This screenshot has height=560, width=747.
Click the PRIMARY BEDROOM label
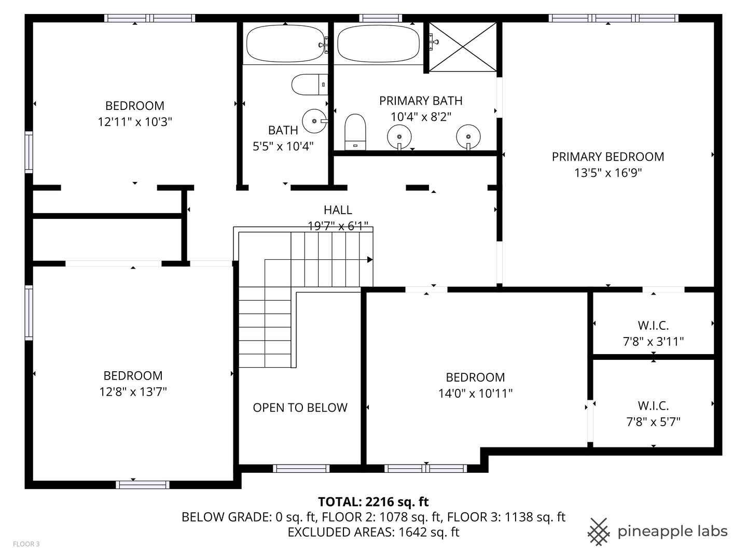(x=607, y=157)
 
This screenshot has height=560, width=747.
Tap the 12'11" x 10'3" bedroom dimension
(x=135, y=122)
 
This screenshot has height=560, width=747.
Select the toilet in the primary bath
(x=355, y=132)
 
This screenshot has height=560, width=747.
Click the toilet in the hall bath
(x=309, y=85)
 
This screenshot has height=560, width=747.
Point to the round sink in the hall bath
(x=314, y=121)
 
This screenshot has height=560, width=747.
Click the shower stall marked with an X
(x=463, y=47)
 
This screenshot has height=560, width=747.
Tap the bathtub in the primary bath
(x=378, y=44)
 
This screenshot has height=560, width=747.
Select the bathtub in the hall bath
(x=285, y=44)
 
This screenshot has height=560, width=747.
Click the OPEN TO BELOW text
(x=300, y=408)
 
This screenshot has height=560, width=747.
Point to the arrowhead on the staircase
(x=370, y=260)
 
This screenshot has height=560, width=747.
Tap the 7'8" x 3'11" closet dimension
(x=653, y=342)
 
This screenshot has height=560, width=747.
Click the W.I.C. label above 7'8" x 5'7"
(x=653, y=405)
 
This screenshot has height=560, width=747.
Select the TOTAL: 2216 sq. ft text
(x=373, y=501)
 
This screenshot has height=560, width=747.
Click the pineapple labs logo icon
(x=599, y=531)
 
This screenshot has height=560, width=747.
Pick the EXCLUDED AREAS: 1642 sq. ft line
(x=373, y=532)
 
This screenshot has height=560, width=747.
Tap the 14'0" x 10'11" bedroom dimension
(x=475, y=394)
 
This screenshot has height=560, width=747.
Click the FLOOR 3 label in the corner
(x=26, y=544)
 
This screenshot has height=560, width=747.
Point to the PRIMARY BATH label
(x=421, y=101)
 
